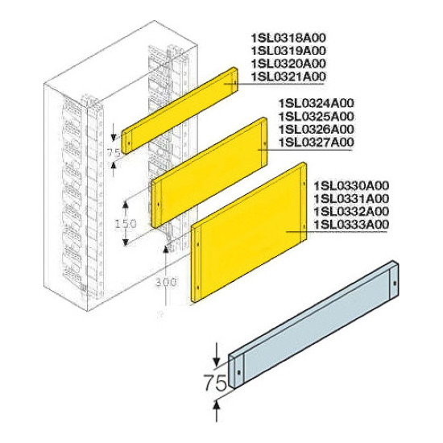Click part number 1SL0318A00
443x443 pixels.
coord(288,38)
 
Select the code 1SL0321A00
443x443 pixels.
coord(288,77)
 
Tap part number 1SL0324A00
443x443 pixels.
coord(317,103)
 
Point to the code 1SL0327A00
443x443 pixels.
coord(317,142)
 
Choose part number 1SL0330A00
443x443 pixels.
coord(351,185)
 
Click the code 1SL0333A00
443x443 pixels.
coord(351,225)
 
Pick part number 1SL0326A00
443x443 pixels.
coord(317,129)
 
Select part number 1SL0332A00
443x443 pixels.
coord(351,212)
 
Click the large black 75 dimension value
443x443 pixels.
coord(216,383)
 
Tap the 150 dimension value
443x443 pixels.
coord(126,224)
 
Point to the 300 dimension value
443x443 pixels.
coord(167,282)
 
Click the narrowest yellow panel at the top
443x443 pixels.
coord(180,110)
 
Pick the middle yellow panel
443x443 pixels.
coord(209,172)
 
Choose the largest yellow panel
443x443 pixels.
coord(249,232)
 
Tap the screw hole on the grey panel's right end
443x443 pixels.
coord(395,283)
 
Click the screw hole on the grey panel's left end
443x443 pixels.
coord(239,372)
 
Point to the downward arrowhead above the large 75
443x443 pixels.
coord(217,362)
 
